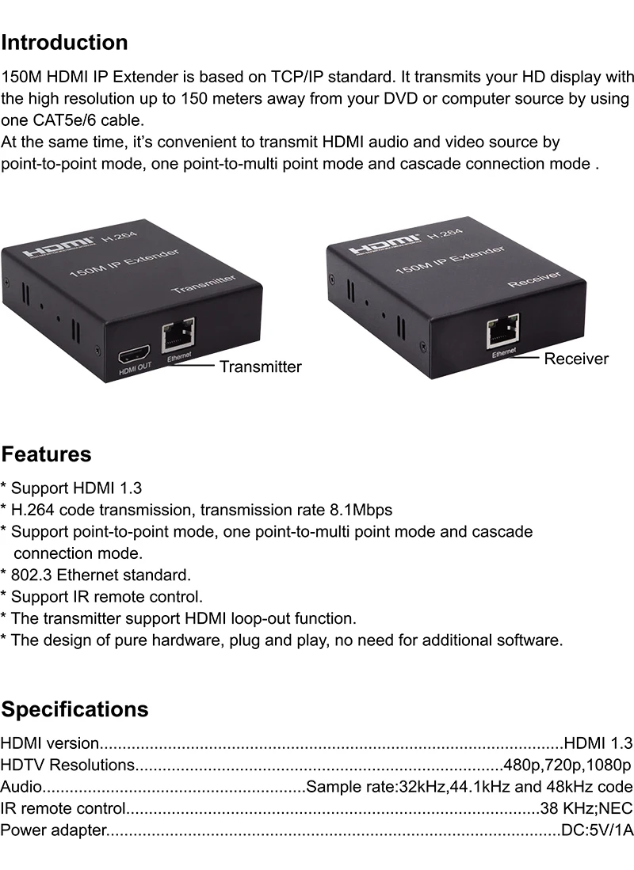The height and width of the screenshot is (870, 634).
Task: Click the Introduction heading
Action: pos(64,43)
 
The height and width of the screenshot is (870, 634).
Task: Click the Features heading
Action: pos(46,454)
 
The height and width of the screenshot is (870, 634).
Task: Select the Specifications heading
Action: pos(74,709)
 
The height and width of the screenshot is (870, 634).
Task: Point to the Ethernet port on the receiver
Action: pos(502,331)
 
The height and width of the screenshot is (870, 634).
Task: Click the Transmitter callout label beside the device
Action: pos(260,367)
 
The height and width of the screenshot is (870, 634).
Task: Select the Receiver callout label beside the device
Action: pos(576,359)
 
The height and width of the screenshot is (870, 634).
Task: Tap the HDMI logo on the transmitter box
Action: pos(58,246)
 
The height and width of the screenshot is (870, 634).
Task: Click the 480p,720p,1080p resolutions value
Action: pos(567,765)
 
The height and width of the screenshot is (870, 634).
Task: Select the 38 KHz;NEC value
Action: pos(586,808)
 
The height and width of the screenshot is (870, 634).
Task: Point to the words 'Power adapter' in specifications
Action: pos(53,830)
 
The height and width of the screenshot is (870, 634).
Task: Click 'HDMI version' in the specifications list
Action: pos(50,743)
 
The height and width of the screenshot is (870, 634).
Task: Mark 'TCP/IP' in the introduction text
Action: pos(296,77)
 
